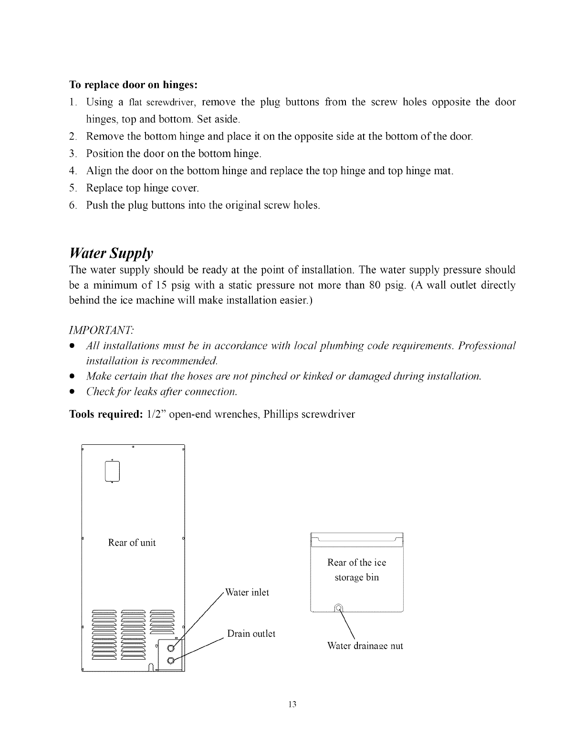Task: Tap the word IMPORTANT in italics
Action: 102,330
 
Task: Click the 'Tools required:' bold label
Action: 104,414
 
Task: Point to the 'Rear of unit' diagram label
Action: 132,543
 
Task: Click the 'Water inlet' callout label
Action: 247,592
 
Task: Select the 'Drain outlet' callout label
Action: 251,634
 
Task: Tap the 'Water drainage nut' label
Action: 365,646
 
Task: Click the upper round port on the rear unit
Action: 171,648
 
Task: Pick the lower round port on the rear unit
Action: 171,660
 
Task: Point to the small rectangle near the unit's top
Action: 111,472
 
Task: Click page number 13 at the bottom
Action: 292,704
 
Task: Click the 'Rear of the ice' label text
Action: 356,563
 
